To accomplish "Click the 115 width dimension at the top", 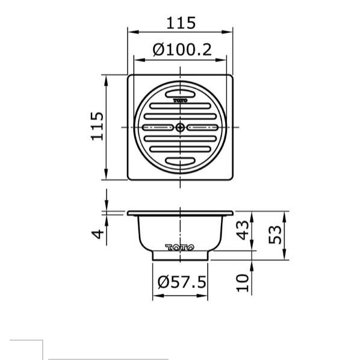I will (181, 23).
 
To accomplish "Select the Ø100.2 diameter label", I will (181, 50).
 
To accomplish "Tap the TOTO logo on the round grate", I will (181, 101).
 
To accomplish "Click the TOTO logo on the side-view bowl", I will (181, 247).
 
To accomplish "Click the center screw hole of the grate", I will (181, 128).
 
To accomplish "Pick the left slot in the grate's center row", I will (158, 128).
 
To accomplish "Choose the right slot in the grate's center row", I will (203, 128).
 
